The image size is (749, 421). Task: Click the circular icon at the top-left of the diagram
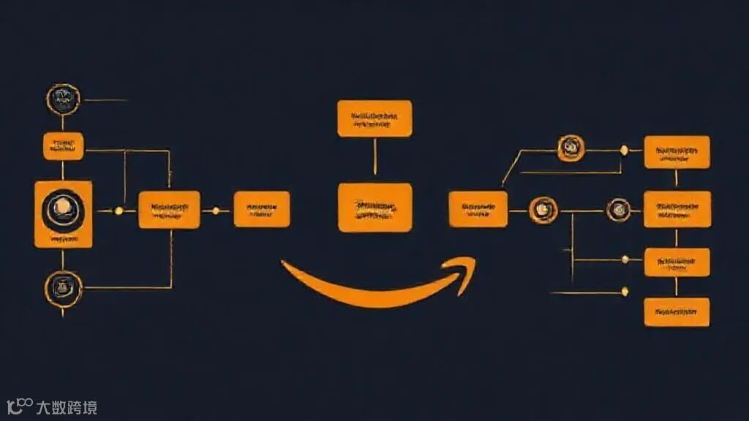click(62, 99)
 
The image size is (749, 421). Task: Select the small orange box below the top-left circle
click(63, 145)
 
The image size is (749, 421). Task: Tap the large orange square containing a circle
click(63, 214)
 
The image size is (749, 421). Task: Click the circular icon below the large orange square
click(62, 286)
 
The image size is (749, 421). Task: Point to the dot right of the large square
click(118, 210)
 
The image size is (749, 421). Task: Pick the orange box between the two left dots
click(169, 210)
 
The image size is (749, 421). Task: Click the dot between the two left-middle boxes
click(215, 210)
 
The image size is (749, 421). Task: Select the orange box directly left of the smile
click(261, 209)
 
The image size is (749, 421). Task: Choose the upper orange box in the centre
click(374, 118)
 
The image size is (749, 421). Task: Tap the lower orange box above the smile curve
click(374, 208)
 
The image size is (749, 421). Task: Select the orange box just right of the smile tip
click(478, 209)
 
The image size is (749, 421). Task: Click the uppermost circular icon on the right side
click(569, 148)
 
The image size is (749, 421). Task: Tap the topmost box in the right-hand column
click(677, 151)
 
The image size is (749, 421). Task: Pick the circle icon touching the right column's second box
click(618, 210)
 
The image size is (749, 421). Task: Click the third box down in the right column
click(677, 262)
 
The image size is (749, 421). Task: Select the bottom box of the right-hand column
click(677, 311)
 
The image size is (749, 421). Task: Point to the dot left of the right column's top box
click(624, 150)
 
